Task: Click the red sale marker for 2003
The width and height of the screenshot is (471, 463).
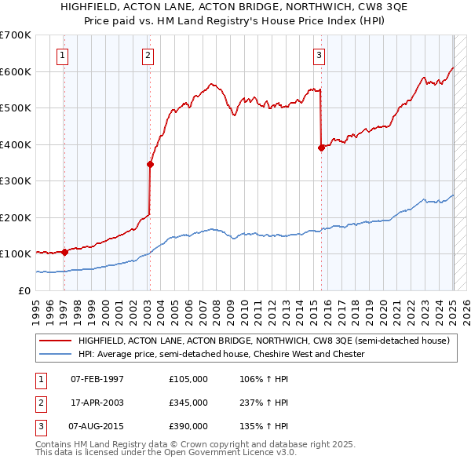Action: pos(150,164)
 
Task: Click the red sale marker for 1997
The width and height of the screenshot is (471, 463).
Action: pos(64,252)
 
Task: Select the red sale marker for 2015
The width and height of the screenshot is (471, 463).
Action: pos(321,148)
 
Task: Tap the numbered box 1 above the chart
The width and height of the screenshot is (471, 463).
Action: pos(62,55)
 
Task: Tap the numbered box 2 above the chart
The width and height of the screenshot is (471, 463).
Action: pos(148,55)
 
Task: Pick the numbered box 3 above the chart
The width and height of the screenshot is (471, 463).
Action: pos(319,55)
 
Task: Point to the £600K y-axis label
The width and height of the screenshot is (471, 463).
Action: pos(15,71)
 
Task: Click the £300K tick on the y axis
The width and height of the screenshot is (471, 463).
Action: pos(15,180)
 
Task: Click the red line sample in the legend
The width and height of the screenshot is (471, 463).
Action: pos(56,341)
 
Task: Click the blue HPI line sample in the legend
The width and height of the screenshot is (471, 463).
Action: pos(56,355)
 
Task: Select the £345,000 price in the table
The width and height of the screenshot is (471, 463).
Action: pos(188,403)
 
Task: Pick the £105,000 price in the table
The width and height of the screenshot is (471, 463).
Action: pos(188,379)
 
